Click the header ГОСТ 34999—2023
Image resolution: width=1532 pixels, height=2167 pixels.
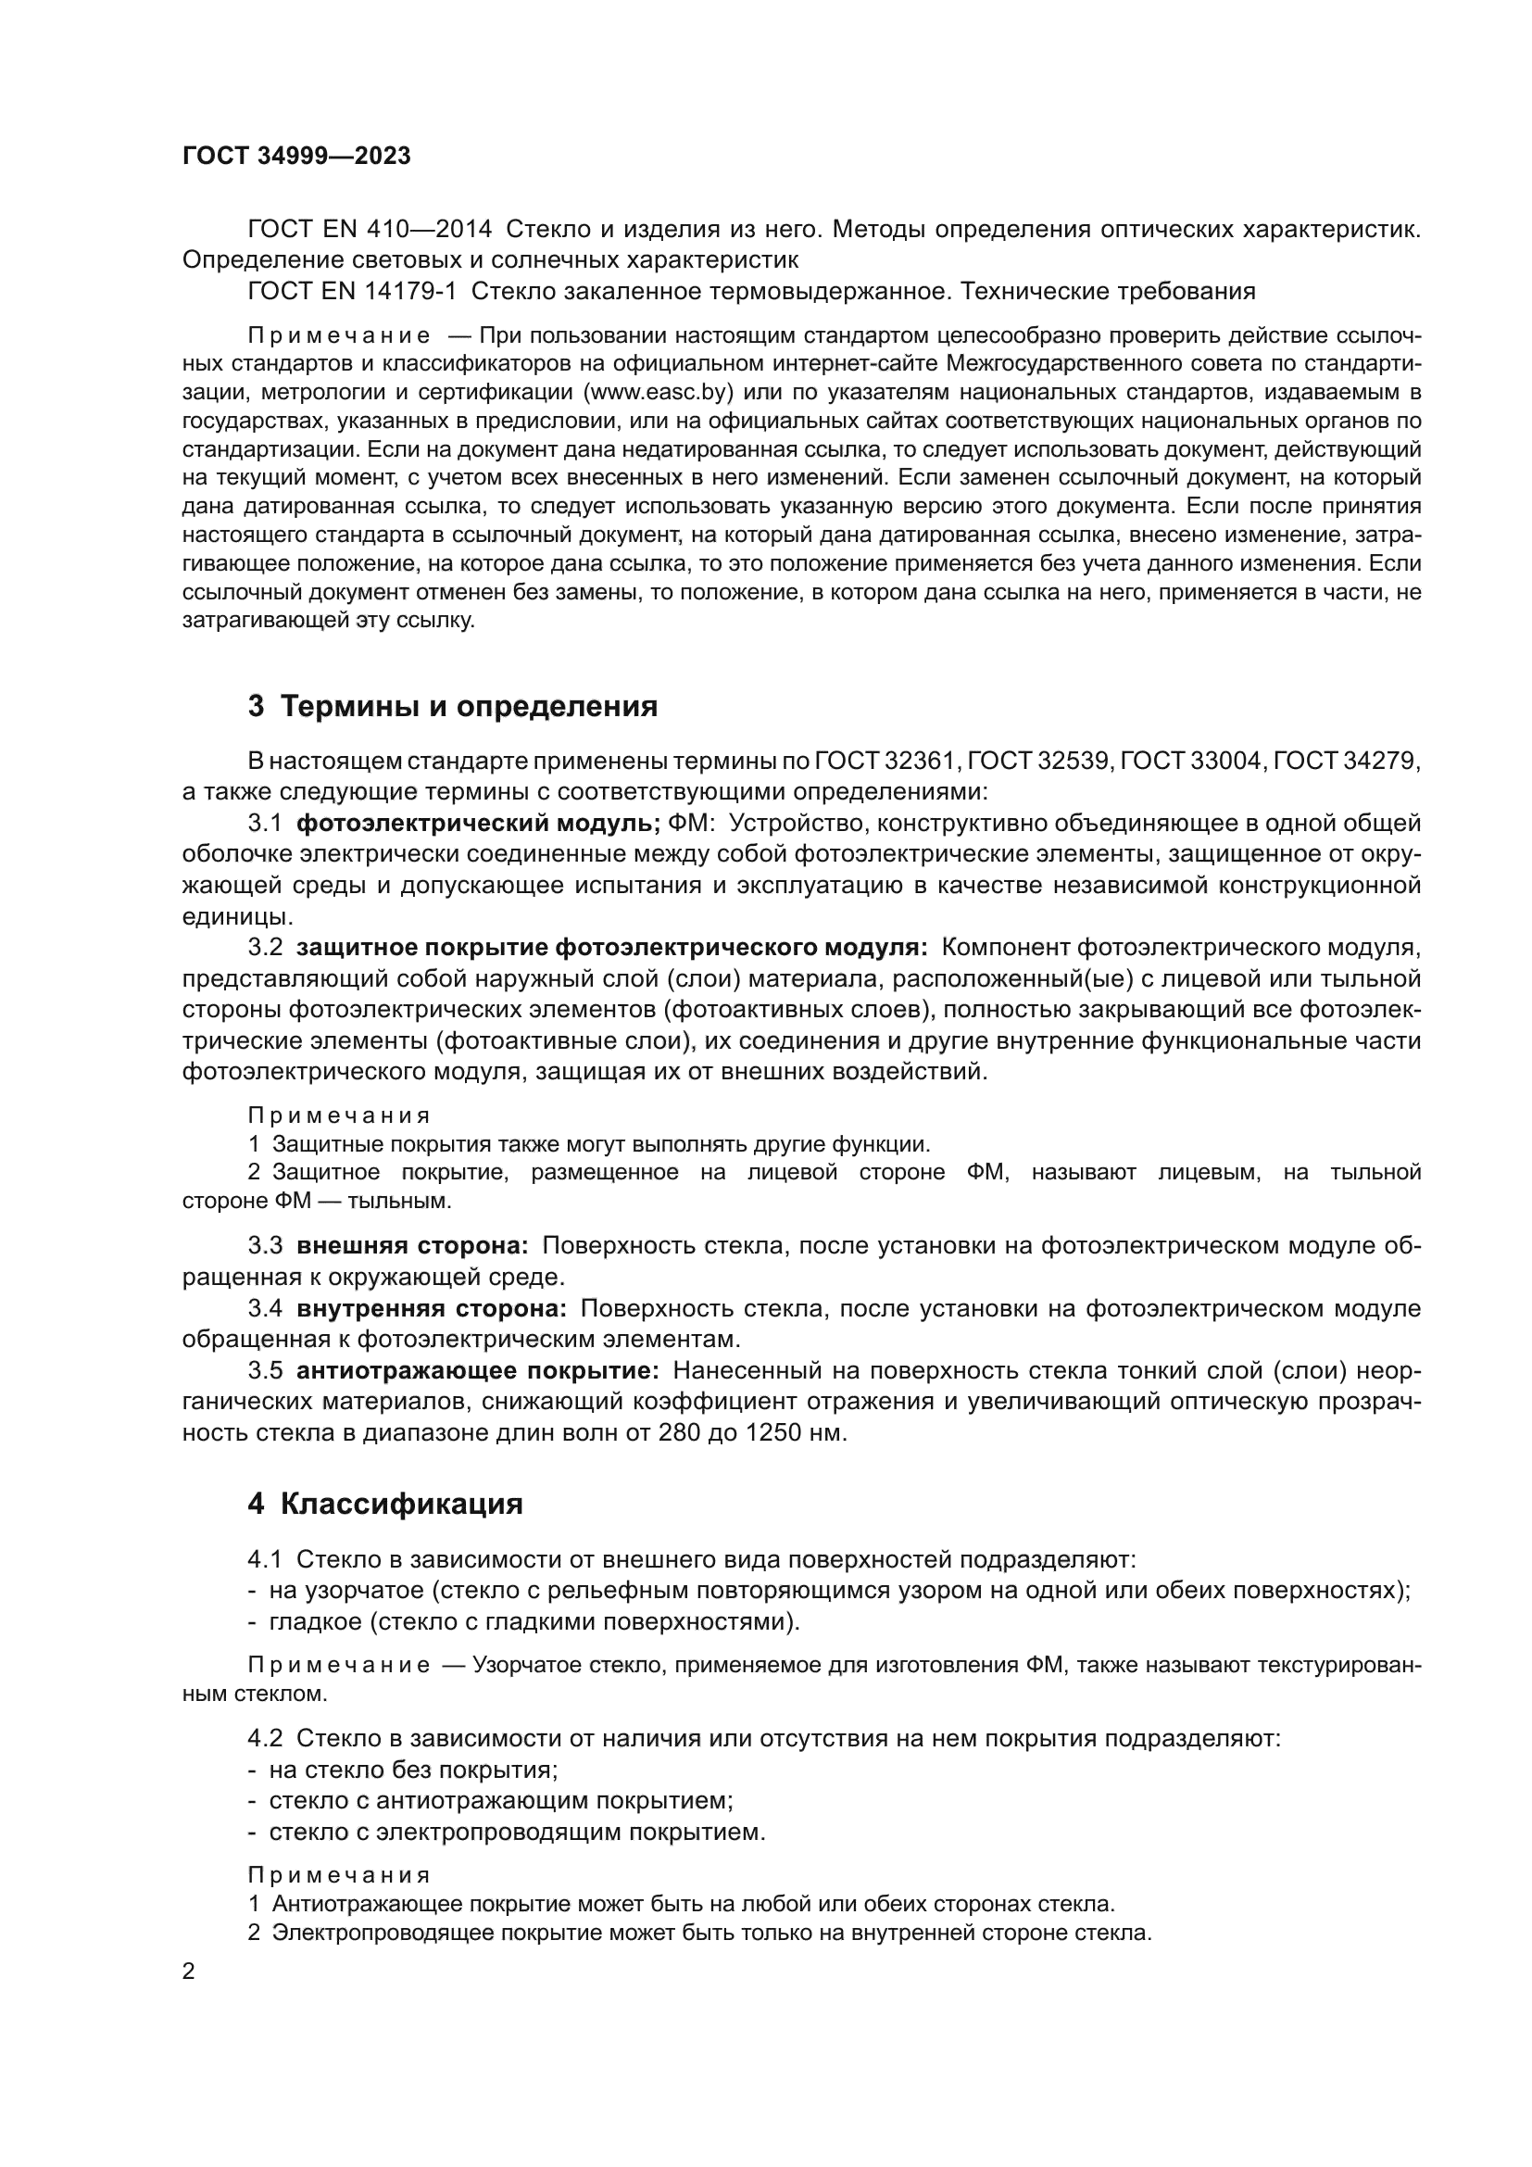coord(296,157)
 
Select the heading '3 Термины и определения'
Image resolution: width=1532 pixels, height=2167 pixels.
coord(453,706)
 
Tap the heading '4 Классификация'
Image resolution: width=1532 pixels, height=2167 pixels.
coord(385,1504)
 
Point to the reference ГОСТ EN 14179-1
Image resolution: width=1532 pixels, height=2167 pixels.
coord(352,291)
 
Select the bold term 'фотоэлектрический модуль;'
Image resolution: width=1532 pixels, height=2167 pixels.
coord(478,823)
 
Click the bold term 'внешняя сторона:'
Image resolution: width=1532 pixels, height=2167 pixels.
coord(412,1246)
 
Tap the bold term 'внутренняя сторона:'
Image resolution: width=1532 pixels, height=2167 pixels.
coord(431,1308)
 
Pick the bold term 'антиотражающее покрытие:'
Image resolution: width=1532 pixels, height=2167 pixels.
coord(477,1370)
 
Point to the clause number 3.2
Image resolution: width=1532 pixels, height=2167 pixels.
coord(265,947)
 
